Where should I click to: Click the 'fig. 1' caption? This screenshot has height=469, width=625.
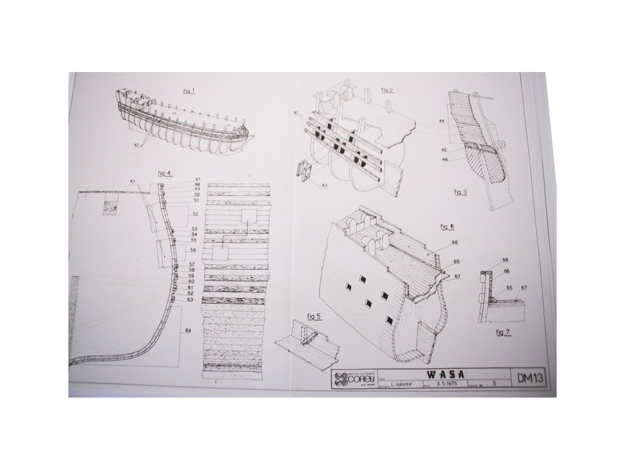click(x=189, y=90)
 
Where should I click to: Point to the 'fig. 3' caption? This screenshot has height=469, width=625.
click(x=460, y=192)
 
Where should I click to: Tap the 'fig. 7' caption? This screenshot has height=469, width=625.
click(x=502, y=332)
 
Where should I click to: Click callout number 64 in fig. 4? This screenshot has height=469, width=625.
click(x=188, y=330)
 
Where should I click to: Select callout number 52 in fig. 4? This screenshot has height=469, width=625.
click(x=195, y=214)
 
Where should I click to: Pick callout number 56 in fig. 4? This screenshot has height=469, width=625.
click(x=193, y=250)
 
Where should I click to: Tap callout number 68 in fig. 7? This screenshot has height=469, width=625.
click(x=505, y=260)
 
